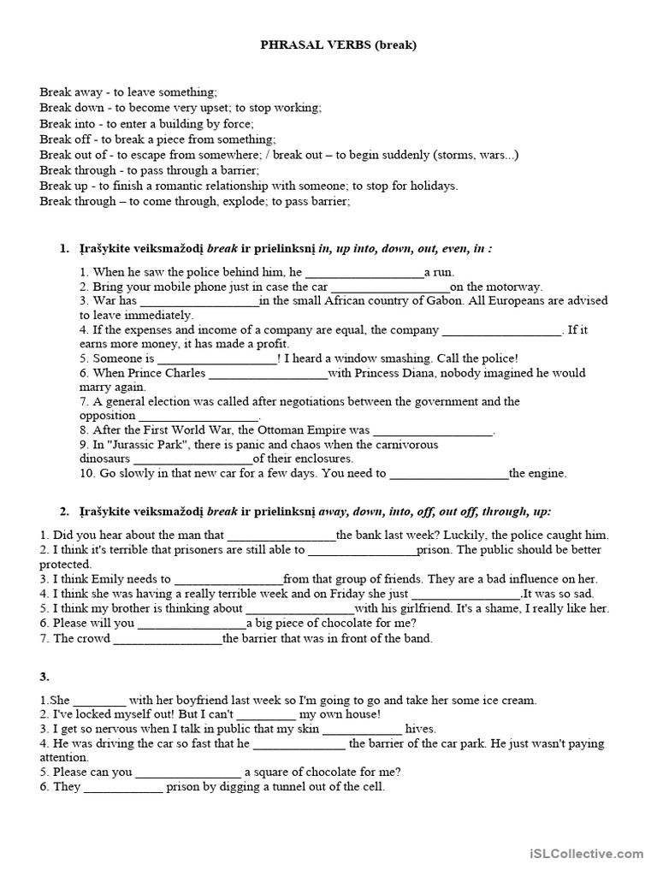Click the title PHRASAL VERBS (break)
tap(338, 45)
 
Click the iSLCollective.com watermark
tap(585, 853)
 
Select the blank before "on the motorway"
tap(390, 287)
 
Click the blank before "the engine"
tap(449, 473)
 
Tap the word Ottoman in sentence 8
tap(260, 430)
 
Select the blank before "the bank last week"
tap(281, 535)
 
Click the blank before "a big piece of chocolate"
tap(192, 623)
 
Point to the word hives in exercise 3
tap(420, 729)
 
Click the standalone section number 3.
tap(44, 678)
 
